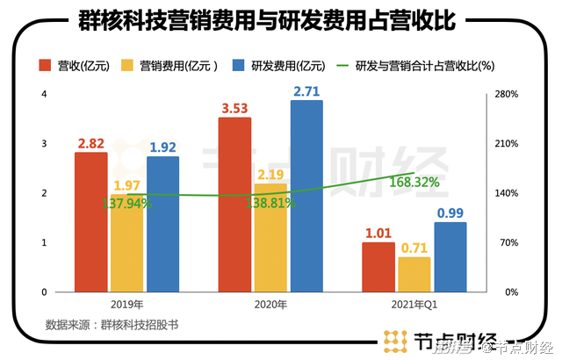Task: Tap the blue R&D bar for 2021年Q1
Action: click(x=450, y=256)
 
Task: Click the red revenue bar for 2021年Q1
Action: click(x=378, y=266)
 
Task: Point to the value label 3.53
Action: click(x=234, y=109)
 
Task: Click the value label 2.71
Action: click(x=306, y=90)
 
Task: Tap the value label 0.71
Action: click(x=414, y=248)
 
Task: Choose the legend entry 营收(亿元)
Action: click(x=74, y=65)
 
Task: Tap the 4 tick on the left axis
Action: click(x=44, y=94)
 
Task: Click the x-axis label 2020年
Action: click(x=270, y=303)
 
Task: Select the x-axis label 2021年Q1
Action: click(x=414, y=303)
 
